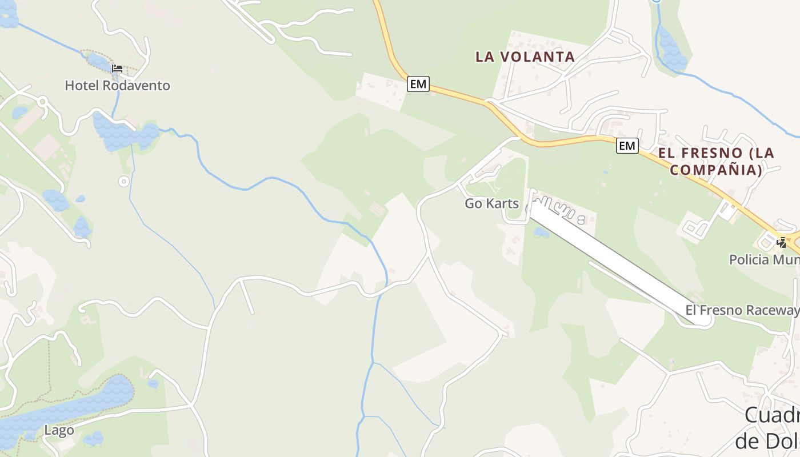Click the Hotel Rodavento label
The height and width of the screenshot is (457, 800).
coord(117,86)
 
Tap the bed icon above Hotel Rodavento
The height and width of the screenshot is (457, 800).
coord(117,69)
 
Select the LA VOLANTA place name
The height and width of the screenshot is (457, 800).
coord(525,57)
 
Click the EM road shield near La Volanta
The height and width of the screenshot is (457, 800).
coord(418,84)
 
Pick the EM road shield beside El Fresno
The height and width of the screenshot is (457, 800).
coord(627,146)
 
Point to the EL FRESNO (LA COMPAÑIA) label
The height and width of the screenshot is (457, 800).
coord(716,161)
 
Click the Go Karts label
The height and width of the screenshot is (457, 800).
coord(491,203)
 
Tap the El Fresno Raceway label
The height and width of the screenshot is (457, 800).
coord(742,310)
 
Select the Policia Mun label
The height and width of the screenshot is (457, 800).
coord(764,260)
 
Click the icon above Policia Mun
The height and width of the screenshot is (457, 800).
coord(781,242)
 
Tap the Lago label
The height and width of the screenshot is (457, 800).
coord(59,430)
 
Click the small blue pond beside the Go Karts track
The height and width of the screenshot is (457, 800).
coord(541,232)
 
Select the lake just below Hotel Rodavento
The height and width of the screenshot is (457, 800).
coord(123,134)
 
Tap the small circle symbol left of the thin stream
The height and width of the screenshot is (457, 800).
coord(123,182)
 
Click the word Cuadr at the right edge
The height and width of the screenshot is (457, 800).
coord(771,415)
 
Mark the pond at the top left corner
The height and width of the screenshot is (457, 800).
coord(8,16)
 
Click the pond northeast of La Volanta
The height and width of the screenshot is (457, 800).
coord(671,49)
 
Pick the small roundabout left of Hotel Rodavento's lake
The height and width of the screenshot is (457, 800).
coord(42,102)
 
